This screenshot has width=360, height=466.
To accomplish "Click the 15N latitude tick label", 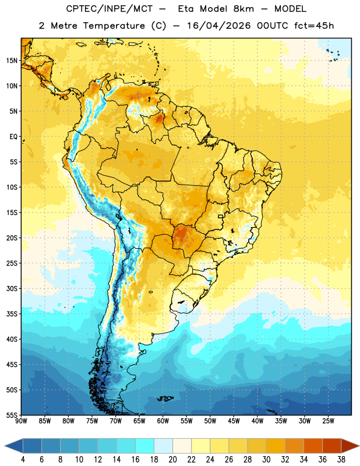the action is [x=12, y=61].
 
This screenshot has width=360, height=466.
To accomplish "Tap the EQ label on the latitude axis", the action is [x=13, y=137].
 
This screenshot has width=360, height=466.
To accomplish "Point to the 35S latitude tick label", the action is [x=12, y=314].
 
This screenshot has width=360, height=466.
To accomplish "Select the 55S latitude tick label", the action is [x=12, y=415].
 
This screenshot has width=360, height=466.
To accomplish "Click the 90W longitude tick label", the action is [x=21, y=421].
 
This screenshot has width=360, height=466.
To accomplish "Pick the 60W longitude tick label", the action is [x=163, y=421].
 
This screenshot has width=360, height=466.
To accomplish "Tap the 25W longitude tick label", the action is [x=328, y=421].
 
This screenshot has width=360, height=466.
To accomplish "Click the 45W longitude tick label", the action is [x=234, y=421].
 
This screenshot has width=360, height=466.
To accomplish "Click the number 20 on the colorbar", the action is [x=172, y=460].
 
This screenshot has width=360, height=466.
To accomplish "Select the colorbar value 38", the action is [x=341, y=460].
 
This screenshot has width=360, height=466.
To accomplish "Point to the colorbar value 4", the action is [x=23, y=460].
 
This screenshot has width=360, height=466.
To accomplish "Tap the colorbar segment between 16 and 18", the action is [x=145, y=446].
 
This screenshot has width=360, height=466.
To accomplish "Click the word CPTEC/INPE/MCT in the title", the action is [x=110, y=9].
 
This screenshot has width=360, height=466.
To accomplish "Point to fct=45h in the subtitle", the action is [x=314, y=26].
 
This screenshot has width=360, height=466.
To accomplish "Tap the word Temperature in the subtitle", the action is [x=114, y=26].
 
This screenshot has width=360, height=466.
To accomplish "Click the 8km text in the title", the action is [x=243, y=9].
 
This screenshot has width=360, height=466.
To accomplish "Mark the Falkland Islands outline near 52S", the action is [x=165, y=398].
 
